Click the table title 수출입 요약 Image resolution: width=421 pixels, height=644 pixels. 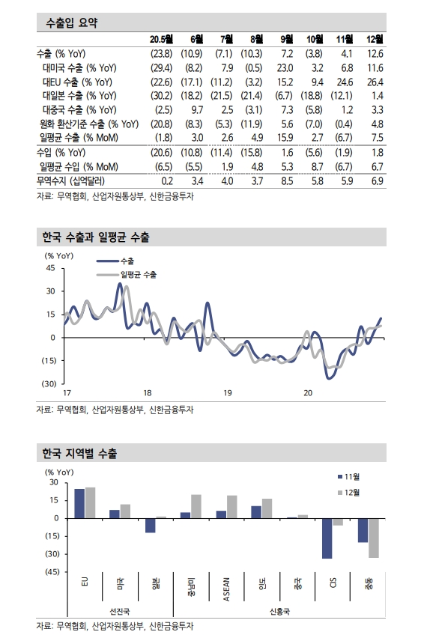(x=72, y=23)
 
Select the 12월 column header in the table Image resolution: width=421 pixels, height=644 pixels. (x=375, y=39)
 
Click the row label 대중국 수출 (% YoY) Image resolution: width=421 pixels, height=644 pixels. (x=79, y=110)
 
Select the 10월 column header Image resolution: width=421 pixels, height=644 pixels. (x=315, y=39)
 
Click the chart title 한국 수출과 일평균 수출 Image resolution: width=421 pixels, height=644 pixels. (x=95, y=238)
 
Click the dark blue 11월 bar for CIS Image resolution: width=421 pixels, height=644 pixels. (x=327, y=538)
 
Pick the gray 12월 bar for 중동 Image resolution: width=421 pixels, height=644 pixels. (x=373, y=537)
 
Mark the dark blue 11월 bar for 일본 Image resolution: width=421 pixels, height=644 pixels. (x=151, y=525)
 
